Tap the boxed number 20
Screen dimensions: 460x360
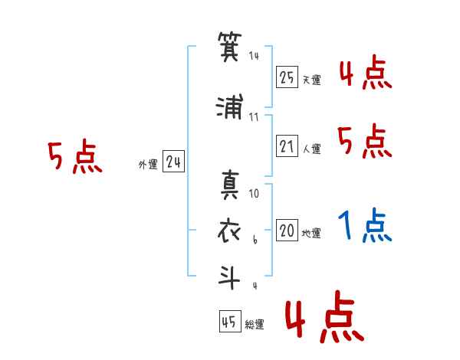pyautogui.click(x=287, y=231)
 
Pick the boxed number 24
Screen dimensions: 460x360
pyautogui.click(x=173, y=162)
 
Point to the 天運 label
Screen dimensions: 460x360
pyautogui.click(x=311, y=80)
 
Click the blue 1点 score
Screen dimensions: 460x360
pyautogui.click(x=364, y=227)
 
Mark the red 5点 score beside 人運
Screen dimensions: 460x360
pyautogui.click(x=364, y=141)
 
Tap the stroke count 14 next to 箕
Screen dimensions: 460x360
pyautogui.click(x=255, y=55)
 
